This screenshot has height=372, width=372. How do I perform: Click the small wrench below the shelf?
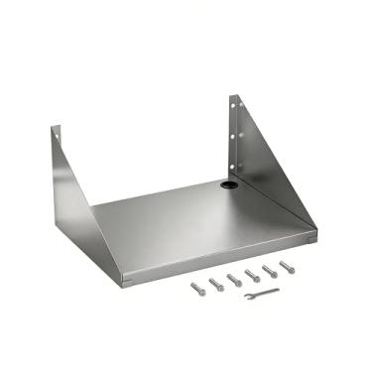click(262, 294)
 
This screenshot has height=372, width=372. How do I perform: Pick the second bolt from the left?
click(215, 284)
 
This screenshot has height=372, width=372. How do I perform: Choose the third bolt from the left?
click(234, 279)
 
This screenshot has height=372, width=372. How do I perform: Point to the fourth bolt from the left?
click(252, 275)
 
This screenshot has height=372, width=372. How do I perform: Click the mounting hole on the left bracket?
click(59, 135)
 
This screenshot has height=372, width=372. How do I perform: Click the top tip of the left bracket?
click(56, 126)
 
